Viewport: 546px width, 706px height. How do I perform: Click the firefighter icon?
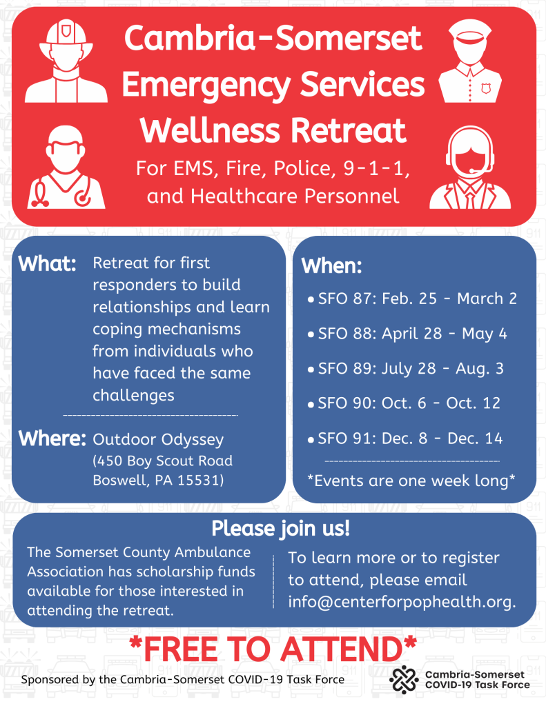66,61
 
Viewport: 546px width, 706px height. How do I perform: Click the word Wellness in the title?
210,130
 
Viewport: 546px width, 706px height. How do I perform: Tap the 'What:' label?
48,263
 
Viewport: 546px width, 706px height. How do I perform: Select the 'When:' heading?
331,265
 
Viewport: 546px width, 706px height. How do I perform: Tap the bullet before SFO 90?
311,405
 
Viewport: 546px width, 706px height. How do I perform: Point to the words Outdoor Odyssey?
158,440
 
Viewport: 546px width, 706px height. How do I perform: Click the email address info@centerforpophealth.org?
402,602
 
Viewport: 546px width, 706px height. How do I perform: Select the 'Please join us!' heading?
280,529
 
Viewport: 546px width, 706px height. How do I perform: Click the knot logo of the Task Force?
404,679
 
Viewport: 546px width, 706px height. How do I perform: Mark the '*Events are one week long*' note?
411,481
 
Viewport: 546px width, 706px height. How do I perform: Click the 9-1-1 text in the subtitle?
376,168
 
